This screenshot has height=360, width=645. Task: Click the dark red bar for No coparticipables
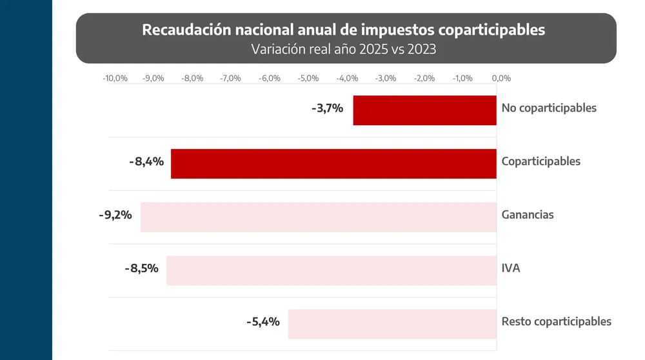[425, 110]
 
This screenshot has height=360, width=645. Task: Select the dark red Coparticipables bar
[333, 163]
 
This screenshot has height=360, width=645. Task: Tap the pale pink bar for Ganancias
[319, 217]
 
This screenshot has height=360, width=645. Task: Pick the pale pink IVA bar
[332, 270]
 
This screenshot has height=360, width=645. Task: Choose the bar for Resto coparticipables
[392, 324]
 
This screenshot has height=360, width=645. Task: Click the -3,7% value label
[327, 108]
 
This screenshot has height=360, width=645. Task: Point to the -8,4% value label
[146, 161]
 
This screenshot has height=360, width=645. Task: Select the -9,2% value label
[115, 215]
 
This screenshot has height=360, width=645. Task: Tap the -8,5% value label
[141, 268]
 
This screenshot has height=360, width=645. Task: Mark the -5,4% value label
[263, 322]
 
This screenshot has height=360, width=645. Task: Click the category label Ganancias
[528, 215]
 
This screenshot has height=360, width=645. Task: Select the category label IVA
[511, 268]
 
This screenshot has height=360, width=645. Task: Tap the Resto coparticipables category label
[556, 322]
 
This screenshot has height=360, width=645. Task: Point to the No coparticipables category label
[549, 108]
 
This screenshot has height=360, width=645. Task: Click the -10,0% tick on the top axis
[115, 78]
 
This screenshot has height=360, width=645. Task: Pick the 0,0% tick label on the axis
[501, 78]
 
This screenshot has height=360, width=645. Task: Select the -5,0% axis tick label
[308, 78]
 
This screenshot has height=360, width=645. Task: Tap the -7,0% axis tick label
[231, 78]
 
